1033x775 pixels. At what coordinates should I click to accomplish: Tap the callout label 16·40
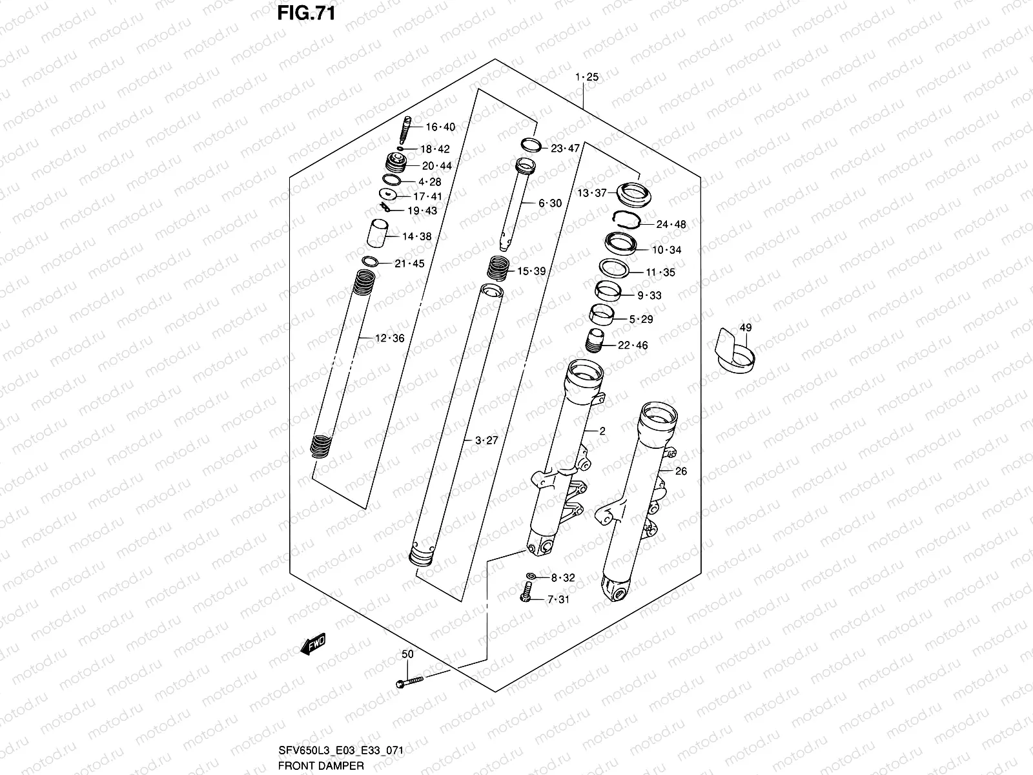tap(440, 127)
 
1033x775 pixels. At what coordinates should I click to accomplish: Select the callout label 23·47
tap(565, 149)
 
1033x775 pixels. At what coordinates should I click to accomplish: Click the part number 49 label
tap(745, 328)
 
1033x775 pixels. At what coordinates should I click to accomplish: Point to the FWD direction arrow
tap(313, 645)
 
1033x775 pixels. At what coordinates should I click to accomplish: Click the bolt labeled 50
tap(407, 681)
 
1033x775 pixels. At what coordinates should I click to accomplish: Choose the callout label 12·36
tap(389, 338)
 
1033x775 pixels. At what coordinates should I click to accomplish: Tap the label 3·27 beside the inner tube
tap(486, 441)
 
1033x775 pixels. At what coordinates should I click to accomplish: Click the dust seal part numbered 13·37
tap(633, 193)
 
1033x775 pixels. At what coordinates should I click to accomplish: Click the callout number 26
tap(681, 471)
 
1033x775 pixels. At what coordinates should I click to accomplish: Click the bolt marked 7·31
tap(526, 592)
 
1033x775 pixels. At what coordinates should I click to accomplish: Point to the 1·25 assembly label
tap(587, 77)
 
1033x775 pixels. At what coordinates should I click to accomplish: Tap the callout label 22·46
tap(632, 346)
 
